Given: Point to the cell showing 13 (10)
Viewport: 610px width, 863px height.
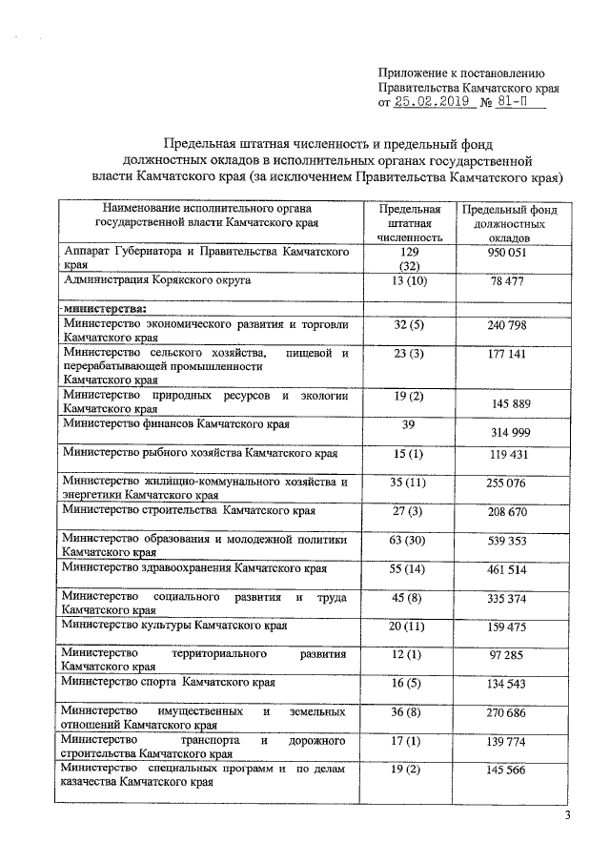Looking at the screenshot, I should [x=410, y=281].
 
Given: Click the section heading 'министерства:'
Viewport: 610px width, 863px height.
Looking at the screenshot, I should [x=104, y=308].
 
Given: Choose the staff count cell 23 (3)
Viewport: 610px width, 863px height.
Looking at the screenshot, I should [x=410, y=354].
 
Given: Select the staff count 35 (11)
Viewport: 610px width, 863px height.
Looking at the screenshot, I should [x=410, y=483].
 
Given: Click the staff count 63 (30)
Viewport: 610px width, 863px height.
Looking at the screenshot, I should [x=410, y=540].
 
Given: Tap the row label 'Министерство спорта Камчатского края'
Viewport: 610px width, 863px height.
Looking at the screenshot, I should [x=169, y=684].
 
